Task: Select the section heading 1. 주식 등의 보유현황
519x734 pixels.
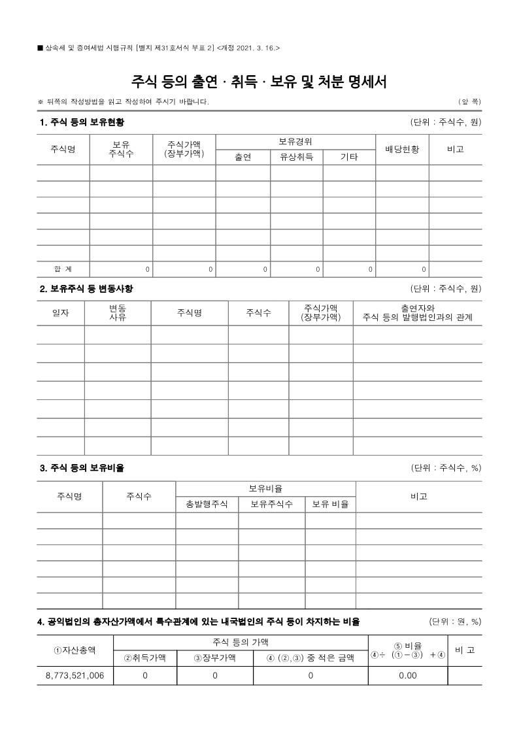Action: (82, 122)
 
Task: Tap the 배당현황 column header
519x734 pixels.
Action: (401, 149)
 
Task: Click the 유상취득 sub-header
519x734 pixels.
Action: (296, 157)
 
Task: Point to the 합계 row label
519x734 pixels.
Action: (63, 269)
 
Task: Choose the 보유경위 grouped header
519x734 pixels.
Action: (295, 141)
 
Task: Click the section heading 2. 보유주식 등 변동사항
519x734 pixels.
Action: (86, 288)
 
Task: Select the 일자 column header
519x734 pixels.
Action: (60, 313)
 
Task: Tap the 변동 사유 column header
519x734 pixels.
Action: (118, 312)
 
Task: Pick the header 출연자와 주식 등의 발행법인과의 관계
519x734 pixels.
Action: (418, 312)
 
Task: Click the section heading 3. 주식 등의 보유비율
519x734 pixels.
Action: (82, 467)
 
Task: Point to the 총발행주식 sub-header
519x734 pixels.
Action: (207, 504)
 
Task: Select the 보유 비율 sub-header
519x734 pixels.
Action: (330, 504)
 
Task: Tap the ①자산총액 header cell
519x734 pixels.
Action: (74, 650)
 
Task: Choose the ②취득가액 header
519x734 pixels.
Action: (144, 658)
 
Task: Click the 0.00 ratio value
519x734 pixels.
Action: (407, 675)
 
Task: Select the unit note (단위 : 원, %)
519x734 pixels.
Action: (455, 621)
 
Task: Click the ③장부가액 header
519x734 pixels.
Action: (214, 658)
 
